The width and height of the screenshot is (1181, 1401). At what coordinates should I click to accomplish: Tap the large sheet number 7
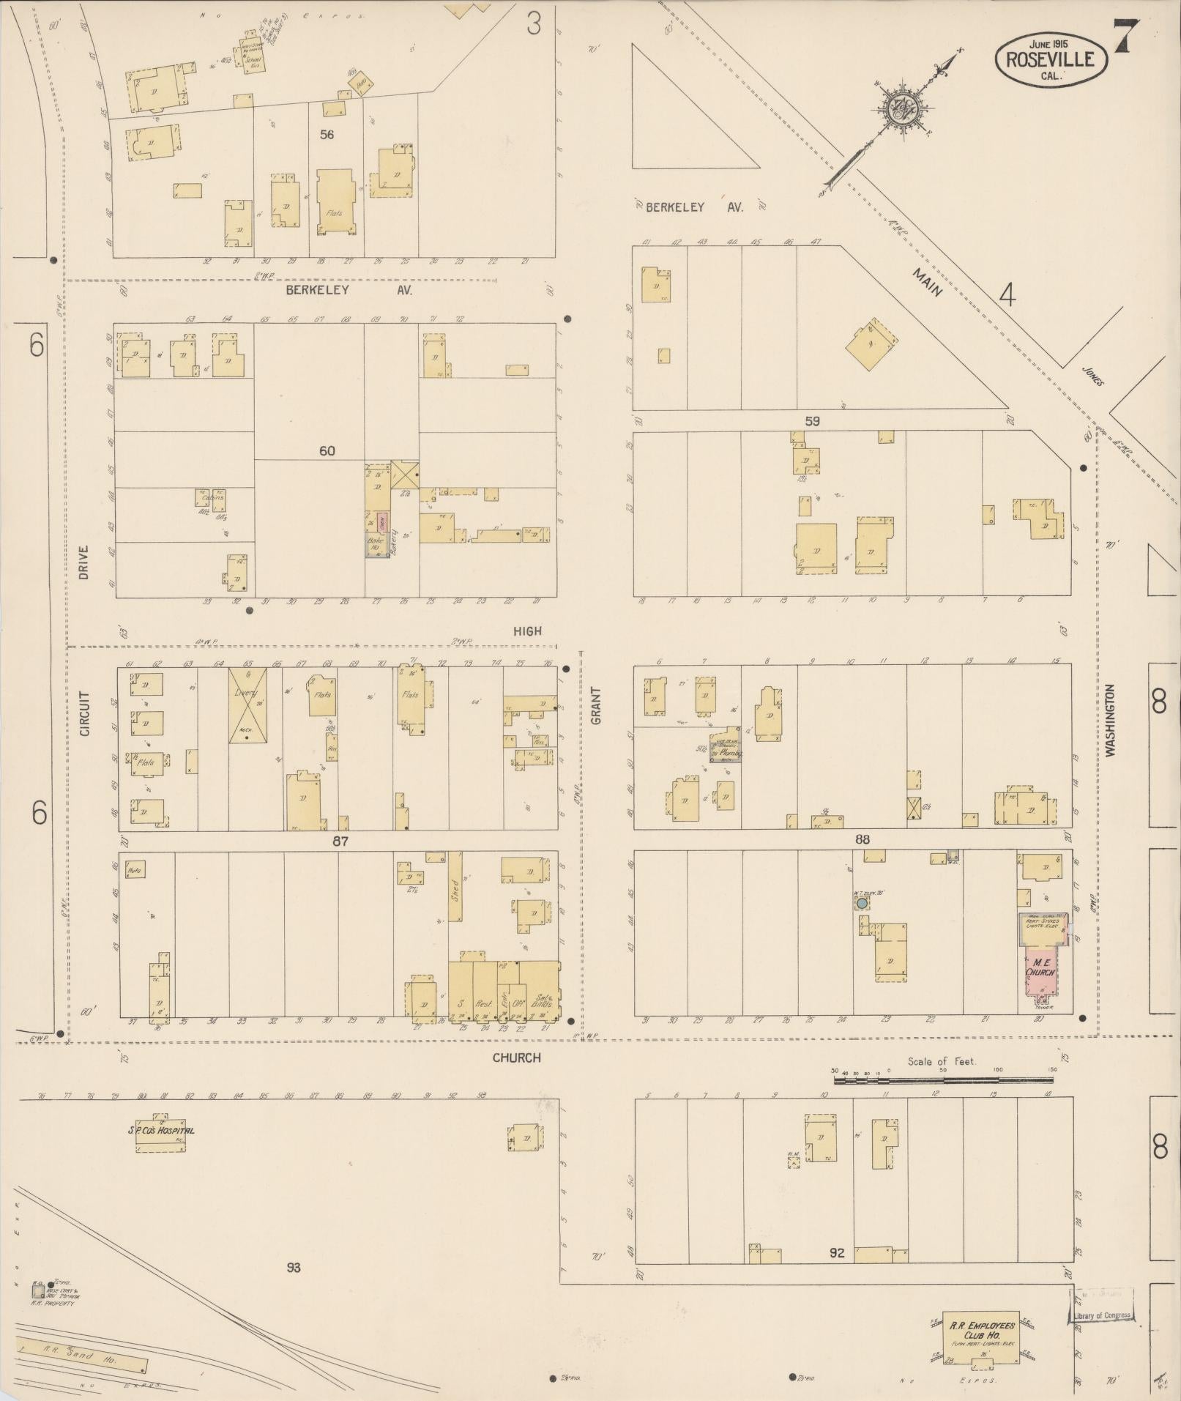1125,36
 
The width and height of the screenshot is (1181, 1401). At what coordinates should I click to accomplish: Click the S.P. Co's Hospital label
161,1130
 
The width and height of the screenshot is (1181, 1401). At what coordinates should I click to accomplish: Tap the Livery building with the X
247,705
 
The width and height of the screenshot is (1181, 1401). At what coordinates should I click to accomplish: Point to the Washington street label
1110,720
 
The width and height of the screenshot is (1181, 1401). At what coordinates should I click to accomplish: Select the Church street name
516,1058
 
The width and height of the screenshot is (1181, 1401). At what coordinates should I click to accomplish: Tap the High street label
527,631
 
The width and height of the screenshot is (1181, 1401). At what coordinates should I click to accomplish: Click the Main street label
927,280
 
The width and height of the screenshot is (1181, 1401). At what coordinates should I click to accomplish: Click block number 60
327,450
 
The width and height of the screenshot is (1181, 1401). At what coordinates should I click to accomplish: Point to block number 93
293,1267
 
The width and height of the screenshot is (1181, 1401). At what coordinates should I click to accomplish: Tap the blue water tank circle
862,904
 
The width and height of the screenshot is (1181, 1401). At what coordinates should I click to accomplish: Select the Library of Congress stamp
1102,1315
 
